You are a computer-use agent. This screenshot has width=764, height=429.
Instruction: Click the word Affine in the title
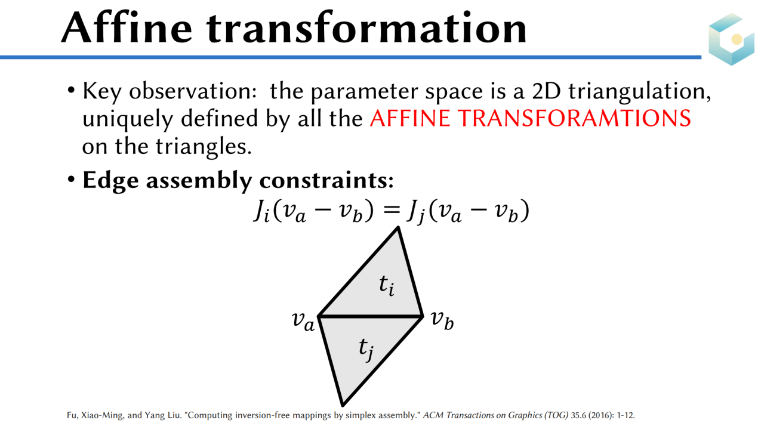coord(127,27)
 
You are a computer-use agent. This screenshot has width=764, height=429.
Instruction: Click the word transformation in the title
coord(367,28)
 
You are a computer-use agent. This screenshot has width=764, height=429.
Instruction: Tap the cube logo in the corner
coord(732,39)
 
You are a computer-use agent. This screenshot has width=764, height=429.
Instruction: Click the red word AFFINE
coord(409,118)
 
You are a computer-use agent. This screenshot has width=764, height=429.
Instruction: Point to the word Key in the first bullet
coord(102,92)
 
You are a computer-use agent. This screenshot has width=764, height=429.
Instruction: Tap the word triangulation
coord(639,92)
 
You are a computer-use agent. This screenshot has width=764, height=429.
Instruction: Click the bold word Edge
coord(110,181)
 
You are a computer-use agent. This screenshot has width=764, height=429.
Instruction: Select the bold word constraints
coord(326,180)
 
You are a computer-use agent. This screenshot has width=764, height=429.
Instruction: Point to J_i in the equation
coord(262,211)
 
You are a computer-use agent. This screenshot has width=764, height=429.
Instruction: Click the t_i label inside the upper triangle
coord(387,285)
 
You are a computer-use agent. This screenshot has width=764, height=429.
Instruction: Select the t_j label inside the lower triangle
coord(366,349)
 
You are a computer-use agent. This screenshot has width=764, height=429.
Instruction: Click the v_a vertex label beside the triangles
coord(303,321)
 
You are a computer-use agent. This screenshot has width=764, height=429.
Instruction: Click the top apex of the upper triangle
coord(398,227)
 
